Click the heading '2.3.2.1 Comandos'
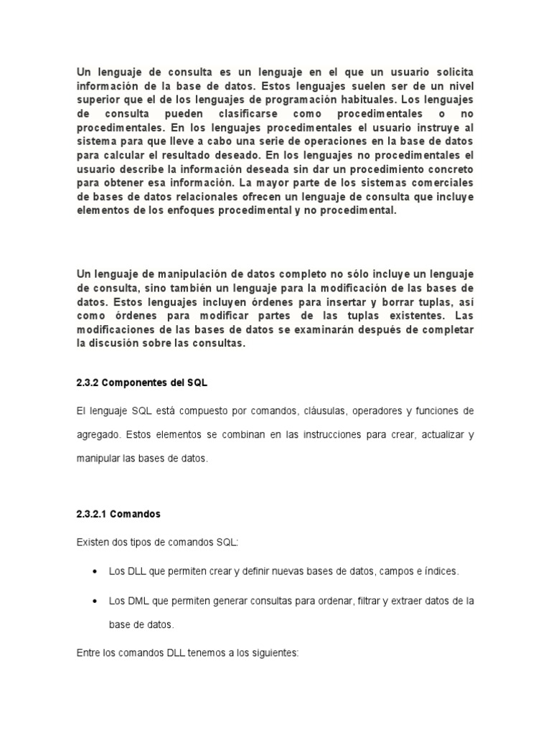118,515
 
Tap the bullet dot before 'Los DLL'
95,571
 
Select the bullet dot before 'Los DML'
95,600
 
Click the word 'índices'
438,571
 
